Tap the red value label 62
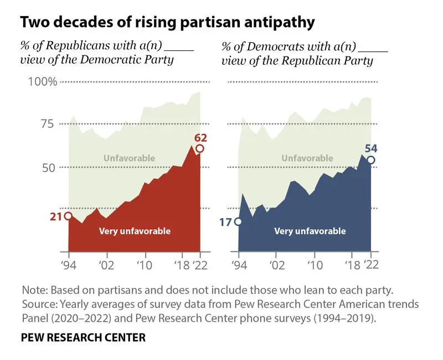200,137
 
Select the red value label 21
55,216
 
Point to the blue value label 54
370,148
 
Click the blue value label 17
225,222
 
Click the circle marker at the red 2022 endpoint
200,148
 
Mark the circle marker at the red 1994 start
68,216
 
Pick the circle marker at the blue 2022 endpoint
370,160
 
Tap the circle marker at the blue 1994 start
238,222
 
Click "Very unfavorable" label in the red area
135,231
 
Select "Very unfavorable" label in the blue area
310,231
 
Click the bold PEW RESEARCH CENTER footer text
83,337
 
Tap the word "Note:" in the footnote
34,290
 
